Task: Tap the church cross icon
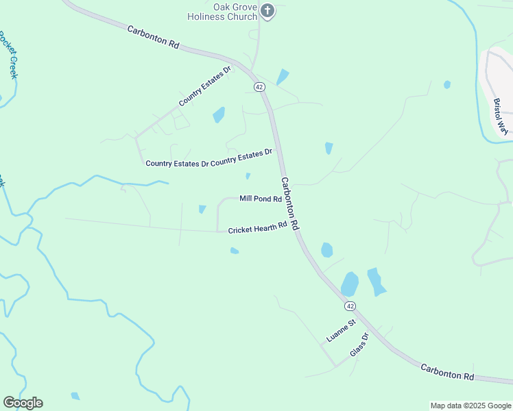(x=267, y=10)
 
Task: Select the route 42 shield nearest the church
(x=259, y=87)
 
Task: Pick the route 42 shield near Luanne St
(x=350, y=306)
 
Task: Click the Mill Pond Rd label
(x=261, y=199)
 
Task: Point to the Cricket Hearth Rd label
(x=257, y=227)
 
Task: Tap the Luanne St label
(x=342, y=331)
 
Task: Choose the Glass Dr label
(x=359, y=345)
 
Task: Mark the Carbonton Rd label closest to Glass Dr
(x=447, y=372)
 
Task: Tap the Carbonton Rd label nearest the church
(x=152, y=36)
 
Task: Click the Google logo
(x=23, y=403)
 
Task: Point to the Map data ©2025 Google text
(x=470, y=406)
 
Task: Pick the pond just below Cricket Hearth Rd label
(x=235, y=251)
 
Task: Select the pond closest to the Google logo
(x=75, y=396)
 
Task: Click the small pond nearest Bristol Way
(x=447, y=84)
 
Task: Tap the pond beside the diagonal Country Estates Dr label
(x=219, y=114)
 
